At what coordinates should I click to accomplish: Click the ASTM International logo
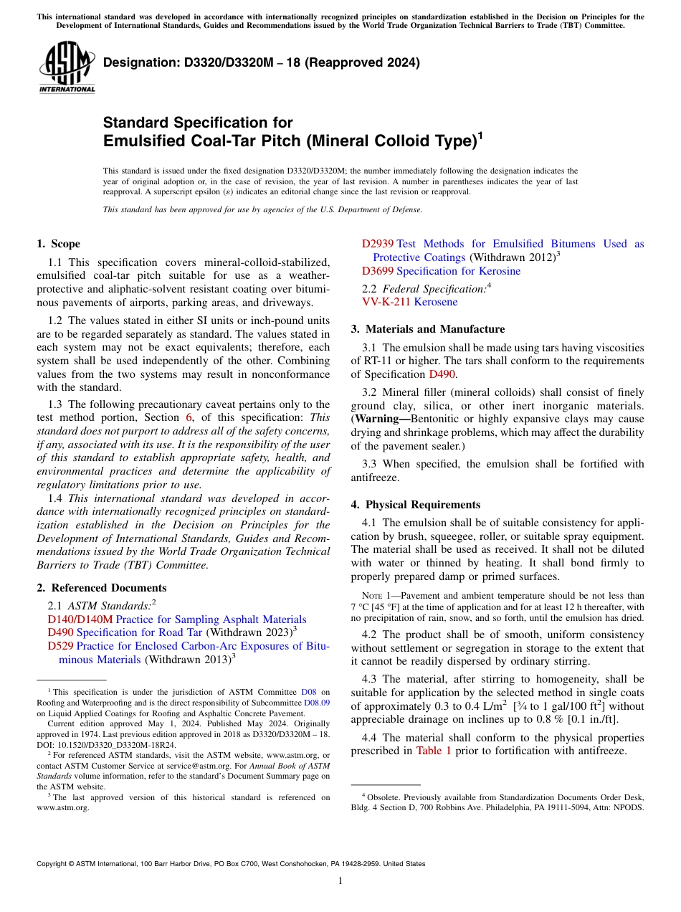pyautogui.click(x=67, y=67)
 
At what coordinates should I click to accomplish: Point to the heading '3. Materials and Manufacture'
pyautogui.click(x=427, y=329)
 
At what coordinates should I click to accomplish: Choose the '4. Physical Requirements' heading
pyautogui.click(x=415, y=505)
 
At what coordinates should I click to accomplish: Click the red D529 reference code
pyautogui.click(x=60, y=646)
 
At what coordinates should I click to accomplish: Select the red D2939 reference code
pyautogui.click(x=377, y=244)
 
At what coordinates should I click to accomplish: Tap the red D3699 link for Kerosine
pyautogui.click(x=377, y=271)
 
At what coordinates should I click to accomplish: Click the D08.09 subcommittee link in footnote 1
pyautogui.click(x=317, y=703)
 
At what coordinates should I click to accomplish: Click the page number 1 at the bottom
pyautogui.click(x=340, y=881)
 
